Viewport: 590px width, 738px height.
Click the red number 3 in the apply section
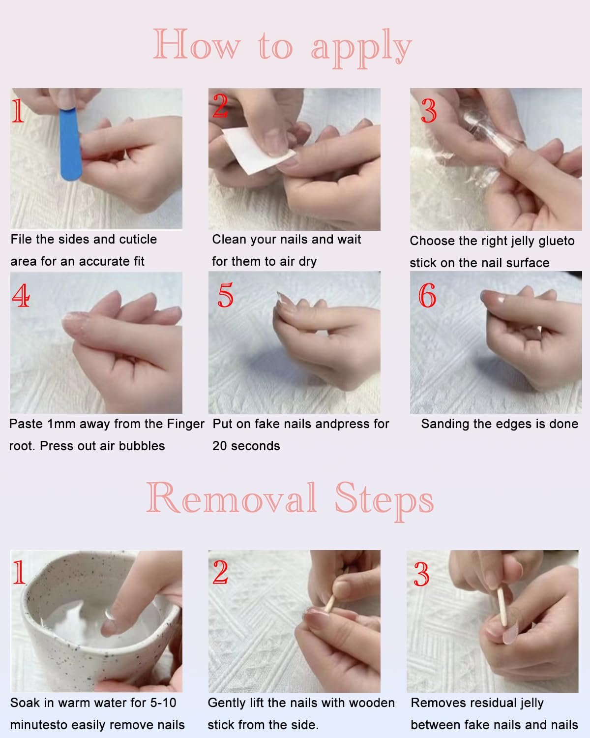tap(429, 111)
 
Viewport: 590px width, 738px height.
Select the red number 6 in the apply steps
tap(427, 296)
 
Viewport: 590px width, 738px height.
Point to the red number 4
tap(21, 296)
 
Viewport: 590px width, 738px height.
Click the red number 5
tap(225, 296)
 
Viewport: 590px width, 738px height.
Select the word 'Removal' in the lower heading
tap(231, 498)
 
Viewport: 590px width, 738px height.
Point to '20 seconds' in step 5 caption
tap(246, 446)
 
